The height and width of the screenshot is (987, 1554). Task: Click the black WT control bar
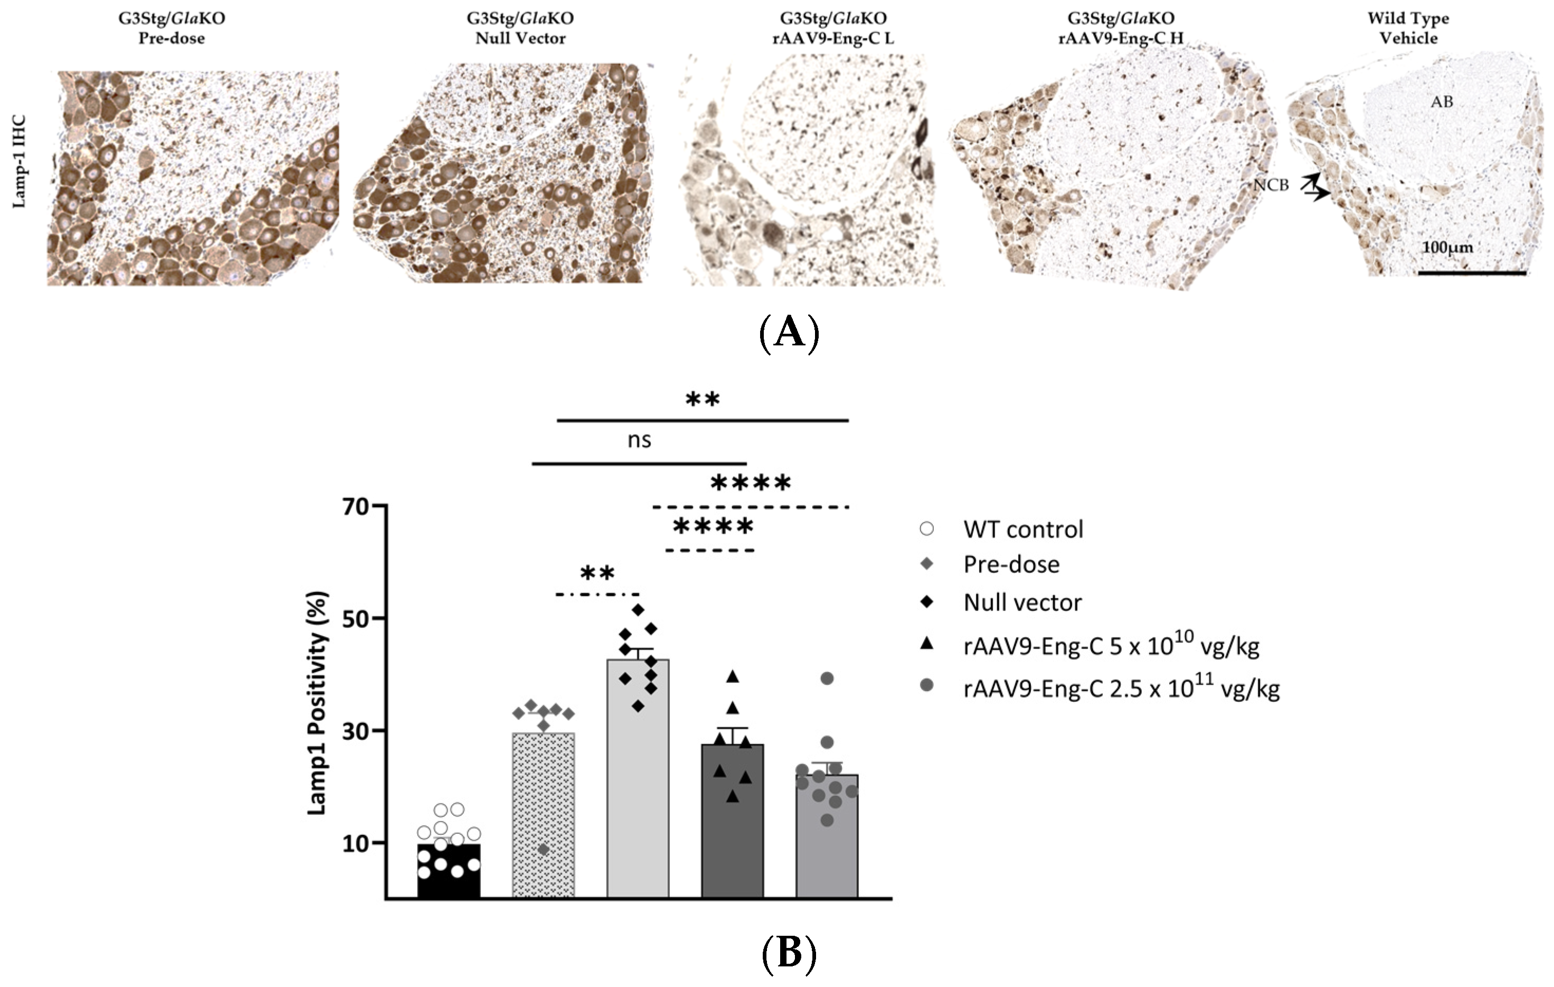[449, 871]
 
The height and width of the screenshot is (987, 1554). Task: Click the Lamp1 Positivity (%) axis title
[318, 703]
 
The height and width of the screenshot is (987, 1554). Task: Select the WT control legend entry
[1022, 529]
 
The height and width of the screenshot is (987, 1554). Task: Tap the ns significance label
[639, 440]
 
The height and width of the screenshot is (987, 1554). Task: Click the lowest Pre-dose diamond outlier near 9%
[543, 850]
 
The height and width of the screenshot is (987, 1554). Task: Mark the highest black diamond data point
[638, 609]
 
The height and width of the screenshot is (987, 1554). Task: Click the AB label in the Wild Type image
[1441, 102]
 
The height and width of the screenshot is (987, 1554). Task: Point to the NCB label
[1271, 185]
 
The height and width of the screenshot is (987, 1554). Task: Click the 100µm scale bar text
[1447, 247]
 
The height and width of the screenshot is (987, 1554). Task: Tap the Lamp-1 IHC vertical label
[20, 162]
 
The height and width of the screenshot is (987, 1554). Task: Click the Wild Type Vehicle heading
[1408, 28]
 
